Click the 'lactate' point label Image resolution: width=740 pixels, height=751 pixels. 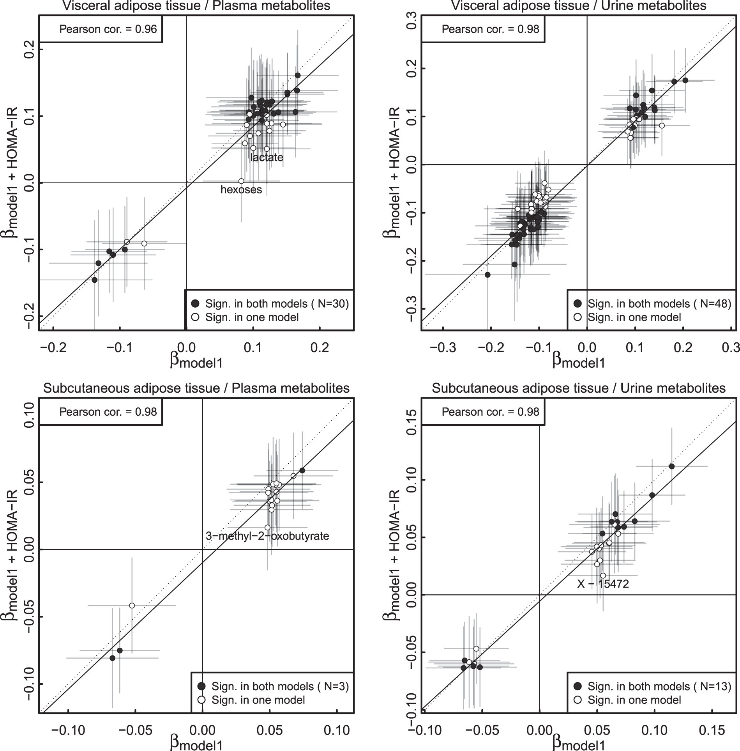point(267,158)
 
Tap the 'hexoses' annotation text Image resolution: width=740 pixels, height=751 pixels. point(241,190)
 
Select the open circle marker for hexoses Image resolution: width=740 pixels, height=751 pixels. point(241,181)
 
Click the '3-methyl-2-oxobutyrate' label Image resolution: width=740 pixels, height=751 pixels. point(267,536)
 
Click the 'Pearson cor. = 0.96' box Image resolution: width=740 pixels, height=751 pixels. point(101,29)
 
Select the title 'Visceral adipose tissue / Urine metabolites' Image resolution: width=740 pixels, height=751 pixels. point(579,5)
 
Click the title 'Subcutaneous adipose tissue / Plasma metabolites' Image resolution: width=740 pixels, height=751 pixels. point(196,388)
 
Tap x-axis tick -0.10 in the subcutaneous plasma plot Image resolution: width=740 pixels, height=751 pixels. point(69,729)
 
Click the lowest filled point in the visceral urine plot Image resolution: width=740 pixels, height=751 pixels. point(487,275)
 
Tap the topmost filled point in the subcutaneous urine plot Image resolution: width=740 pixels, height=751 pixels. point(671,466)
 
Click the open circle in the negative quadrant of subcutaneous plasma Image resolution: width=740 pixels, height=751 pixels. point(132,606)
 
